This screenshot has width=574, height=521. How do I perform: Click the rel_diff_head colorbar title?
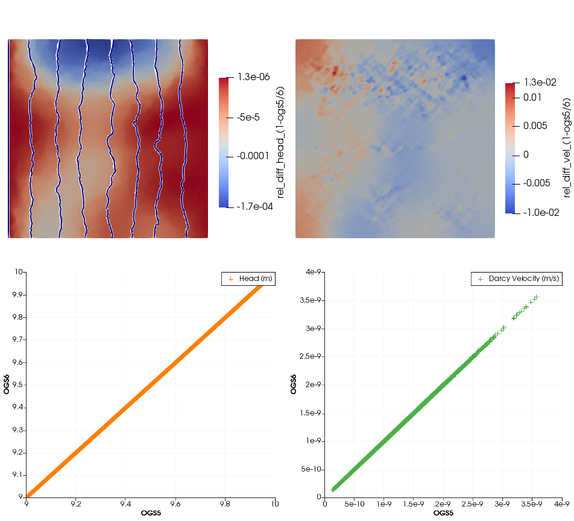click(280, 142)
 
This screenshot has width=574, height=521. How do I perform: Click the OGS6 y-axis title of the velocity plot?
click(294, 384)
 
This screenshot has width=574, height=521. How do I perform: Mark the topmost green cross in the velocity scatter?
click(535, 297)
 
